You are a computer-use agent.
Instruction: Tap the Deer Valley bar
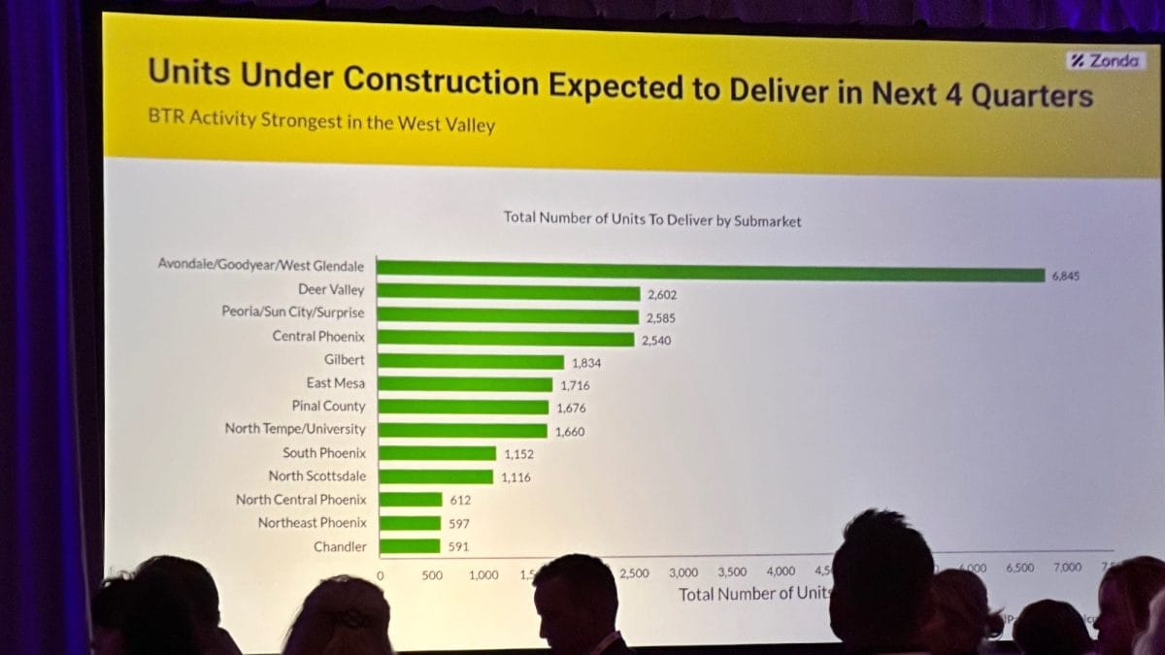508,292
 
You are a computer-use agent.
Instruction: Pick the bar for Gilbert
470,362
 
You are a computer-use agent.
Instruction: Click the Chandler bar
410,546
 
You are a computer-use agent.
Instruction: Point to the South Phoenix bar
437,453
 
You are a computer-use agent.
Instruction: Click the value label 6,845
1065,276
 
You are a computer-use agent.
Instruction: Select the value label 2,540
656,341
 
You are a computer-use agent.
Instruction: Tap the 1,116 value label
516,477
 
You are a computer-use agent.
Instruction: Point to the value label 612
459,500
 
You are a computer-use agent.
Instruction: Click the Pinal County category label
329,407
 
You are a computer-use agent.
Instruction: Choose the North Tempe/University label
295,429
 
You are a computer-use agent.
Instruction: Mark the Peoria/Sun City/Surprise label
293,313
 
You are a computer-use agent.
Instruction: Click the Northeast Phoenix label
312,523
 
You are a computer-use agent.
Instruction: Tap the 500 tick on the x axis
432,575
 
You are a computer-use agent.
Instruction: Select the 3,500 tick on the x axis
732,573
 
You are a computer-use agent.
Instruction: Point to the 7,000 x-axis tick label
1066,568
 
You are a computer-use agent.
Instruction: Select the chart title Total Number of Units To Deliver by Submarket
652,220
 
